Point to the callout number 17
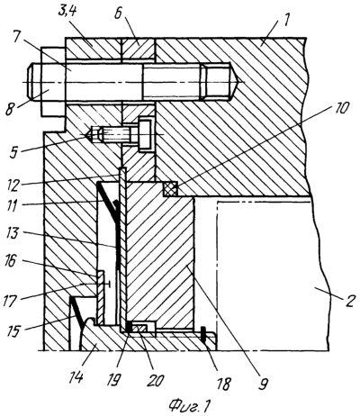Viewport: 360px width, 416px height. [14, 302]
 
